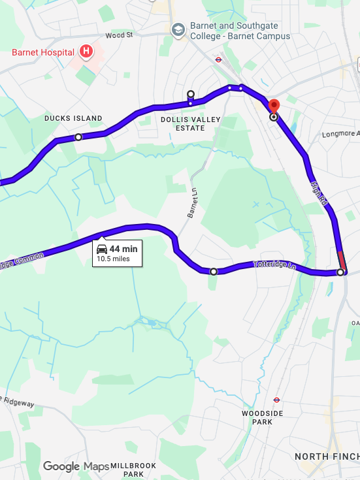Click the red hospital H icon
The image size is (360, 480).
coord(86,51)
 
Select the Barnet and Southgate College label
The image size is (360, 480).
coord(239,31)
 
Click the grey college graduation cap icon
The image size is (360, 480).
coord(178,30)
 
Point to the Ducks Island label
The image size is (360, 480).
coord(73,118)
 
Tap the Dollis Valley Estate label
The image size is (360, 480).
coord(191,123)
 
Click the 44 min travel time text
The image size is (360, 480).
coord(123,249)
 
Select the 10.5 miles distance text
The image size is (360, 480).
coord(113,259)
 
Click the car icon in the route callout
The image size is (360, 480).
coord(102,249)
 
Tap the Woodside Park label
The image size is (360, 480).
coord(261,417)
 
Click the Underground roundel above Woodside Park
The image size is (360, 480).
coord(276,400)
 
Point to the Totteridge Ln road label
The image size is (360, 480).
coord(274,266)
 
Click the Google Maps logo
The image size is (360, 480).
coord(76,466)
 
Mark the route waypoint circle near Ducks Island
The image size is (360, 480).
coord(78,137)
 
